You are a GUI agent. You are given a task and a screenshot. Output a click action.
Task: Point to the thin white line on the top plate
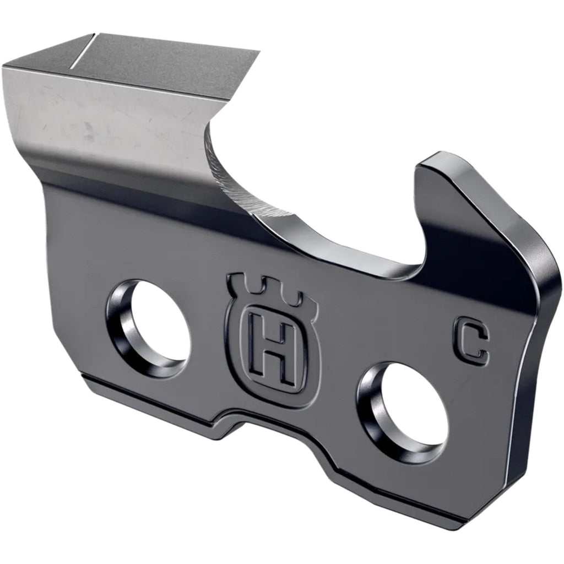pos(83,51)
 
